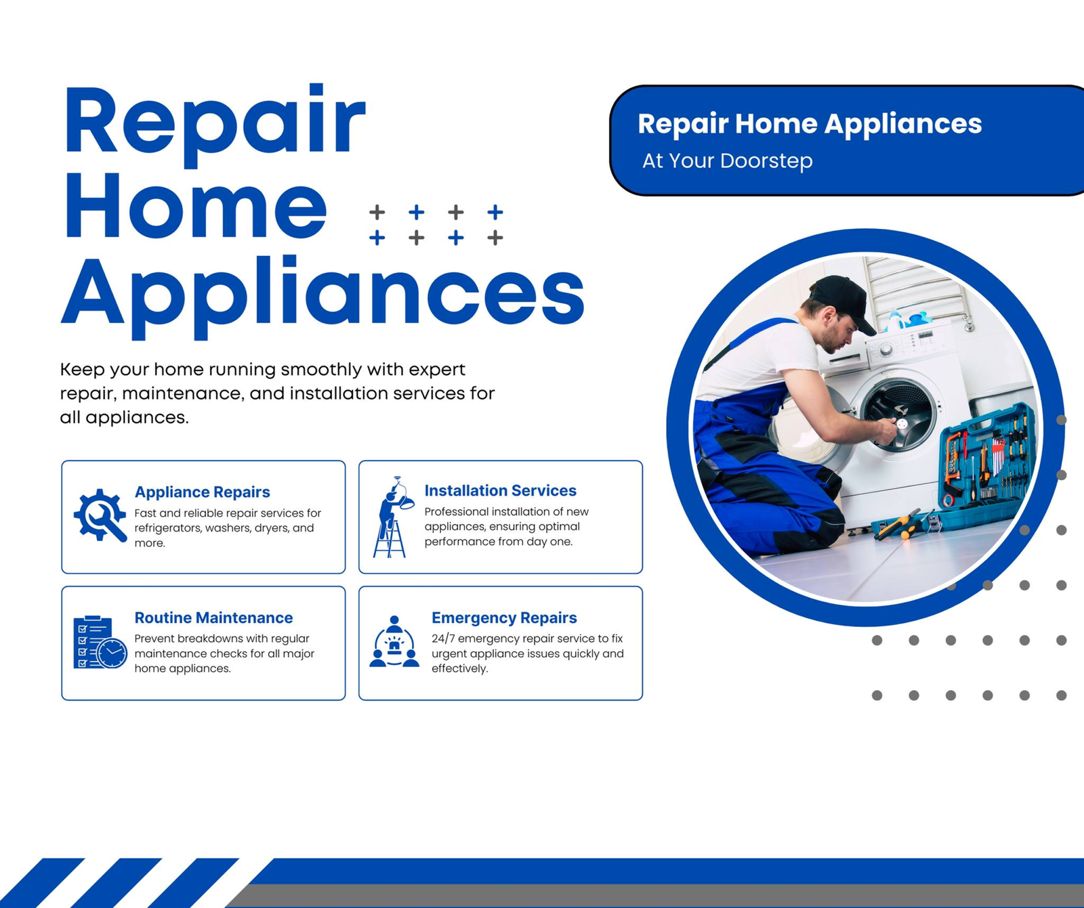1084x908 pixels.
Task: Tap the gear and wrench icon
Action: (100, 515)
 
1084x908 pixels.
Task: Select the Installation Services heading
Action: (500, 490)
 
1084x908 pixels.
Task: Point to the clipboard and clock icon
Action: (100, 642)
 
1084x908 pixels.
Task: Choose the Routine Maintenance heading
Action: (213, 618)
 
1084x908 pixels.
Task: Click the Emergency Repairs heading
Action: (504, 618)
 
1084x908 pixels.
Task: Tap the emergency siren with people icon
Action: (394, 641)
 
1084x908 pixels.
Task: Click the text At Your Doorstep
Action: (727, 161)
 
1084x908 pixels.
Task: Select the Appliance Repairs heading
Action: (202, 492)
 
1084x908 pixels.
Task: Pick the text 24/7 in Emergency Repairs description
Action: (444, 639)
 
